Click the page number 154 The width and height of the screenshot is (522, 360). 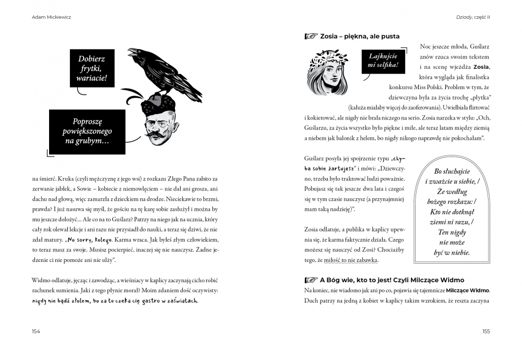coord(36,331)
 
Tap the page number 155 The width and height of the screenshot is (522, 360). coord(485,331)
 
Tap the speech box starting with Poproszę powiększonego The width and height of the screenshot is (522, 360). coord(88,131)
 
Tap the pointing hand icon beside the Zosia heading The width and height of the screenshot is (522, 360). coord(311,37)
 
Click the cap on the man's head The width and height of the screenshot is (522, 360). coord(155,102)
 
